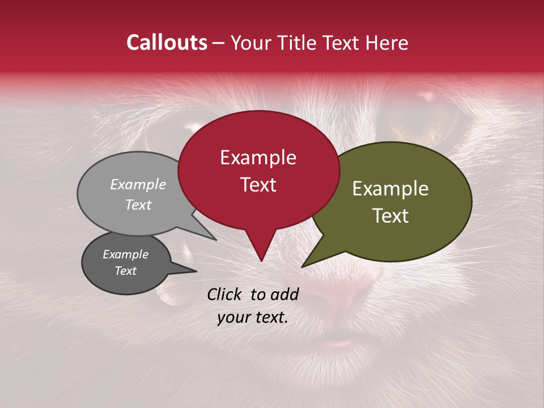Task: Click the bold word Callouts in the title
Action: [167, 42]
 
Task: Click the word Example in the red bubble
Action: [258, 158]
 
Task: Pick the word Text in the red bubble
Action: [258, 184]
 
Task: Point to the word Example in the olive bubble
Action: [390, 189]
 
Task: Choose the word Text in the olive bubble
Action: [390, 215]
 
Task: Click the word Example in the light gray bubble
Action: [138, 184]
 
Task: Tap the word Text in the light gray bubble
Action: [138, 205]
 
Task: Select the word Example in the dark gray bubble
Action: [125, 254]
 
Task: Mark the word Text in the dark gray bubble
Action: [125, 271]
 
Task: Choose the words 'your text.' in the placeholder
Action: [253, 317]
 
